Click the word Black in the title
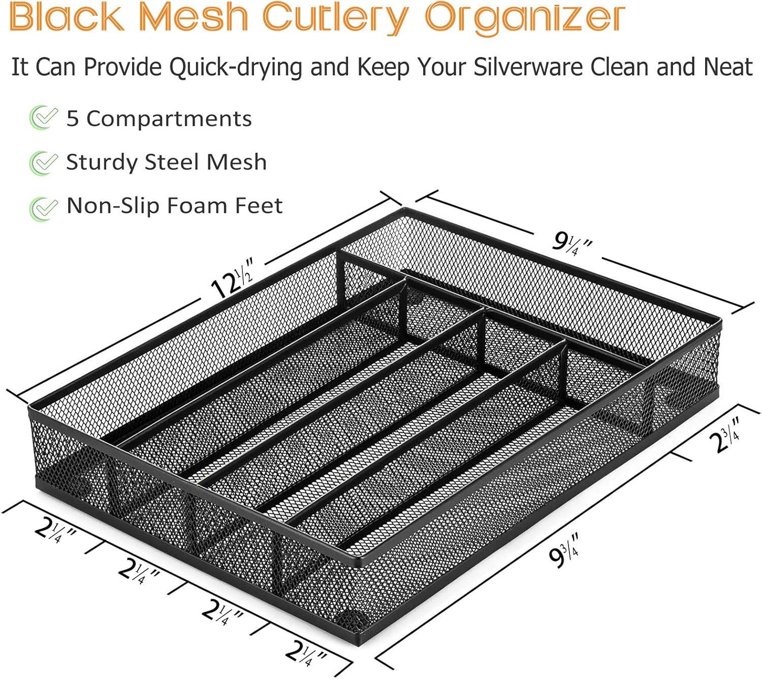click(67, 18)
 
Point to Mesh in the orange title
click(193, 18)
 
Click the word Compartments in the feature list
click(169, 119)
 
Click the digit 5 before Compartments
click(73, 118)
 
